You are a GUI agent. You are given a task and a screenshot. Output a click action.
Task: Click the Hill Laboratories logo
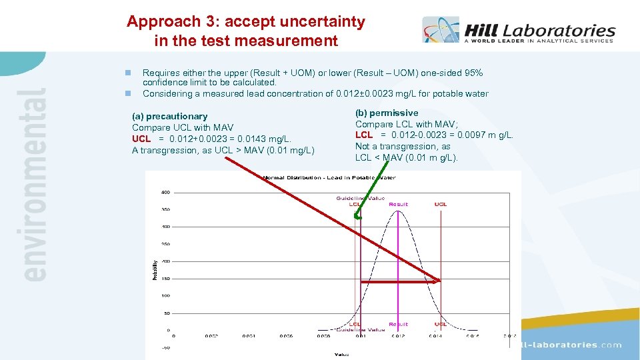pyautogui.click(x=518, y=31)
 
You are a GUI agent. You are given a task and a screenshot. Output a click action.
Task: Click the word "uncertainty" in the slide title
pyautogui.click(x=325, y=21)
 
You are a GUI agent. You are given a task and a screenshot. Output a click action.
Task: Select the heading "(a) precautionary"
pyautogui.click(x=169, y=116)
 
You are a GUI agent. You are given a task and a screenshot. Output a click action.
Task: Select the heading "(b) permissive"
pyautogui.click(x=387, y=113)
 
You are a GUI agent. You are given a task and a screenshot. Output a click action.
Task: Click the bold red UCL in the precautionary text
pyautogui.click(x=141, y=139)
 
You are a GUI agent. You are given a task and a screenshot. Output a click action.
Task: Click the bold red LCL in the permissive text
pyautogui.click(x=364, y=135)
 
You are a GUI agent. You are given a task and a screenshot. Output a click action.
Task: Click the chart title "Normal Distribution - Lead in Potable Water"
pyautogui.click(x=329, y=177)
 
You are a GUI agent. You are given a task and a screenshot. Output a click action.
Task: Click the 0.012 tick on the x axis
pyautogui.click(x=397, y=335)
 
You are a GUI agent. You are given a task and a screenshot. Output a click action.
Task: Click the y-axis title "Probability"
pyautogui.click(x=155, y=270)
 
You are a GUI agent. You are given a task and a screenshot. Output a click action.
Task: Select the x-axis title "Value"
pyautogui.click(x=341, y=354)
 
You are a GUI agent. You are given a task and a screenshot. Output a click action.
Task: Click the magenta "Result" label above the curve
pyautogui.click(x=399, y=204)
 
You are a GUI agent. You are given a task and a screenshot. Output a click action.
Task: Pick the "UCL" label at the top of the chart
pyautogui.click(x=441, y=204)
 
